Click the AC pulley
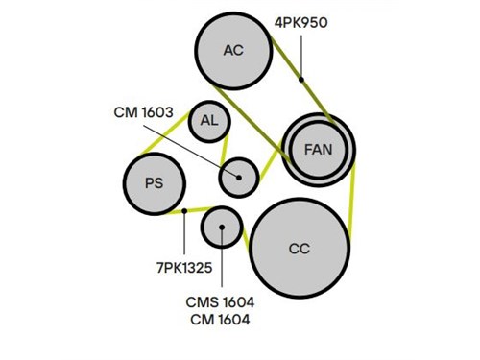233,51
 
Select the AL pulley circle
209,121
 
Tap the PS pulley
155,183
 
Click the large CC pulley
300,249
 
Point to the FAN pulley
319,150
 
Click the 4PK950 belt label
300,23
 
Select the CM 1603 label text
143,112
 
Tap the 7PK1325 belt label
184,268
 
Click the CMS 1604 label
220,302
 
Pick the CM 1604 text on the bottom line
220,320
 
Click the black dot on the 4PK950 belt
301,79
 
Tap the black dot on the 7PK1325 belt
184,211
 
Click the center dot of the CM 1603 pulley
239,178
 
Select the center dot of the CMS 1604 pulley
222,227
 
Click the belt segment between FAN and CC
352,201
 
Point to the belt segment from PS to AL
165,133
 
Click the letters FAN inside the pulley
319,150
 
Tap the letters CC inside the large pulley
300,249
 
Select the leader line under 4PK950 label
301,56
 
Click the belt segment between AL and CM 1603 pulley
225,151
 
